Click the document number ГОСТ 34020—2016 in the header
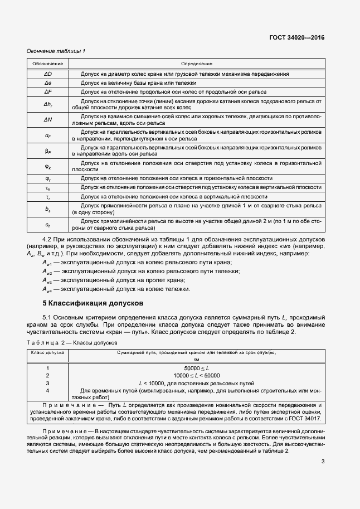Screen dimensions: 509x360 pos(297,38)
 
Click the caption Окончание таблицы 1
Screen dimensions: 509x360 pos(56,52)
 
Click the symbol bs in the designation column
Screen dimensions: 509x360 pos(48,209)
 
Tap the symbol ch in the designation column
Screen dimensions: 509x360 pos(48,225)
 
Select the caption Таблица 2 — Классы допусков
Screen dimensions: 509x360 pos(71,342)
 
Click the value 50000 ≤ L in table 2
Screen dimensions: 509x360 pos(196,369)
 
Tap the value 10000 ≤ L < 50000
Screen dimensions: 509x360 pos(196,376)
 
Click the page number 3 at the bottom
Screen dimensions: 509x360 pos(323,461)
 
